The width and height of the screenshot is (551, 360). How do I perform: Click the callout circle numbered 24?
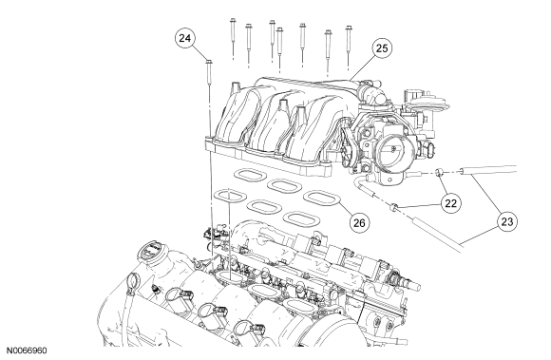(x=185, y=38)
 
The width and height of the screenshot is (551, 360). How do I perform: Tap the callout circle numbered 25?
(x=382, y=48)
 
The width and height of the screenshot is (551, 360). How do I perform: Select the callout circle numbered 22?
(x=451, y=203)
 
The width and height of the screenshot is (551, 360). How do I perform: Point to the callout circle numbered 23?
(x=507, y=221)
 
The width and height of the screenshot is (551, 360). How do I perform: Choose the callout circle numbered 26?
(x=359, y=222)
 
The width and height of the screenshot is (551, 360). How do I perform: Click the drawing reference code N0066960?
(x=27, y=351)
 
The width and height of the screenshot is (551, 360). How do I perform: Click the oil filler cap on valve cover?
(x=151, y=251)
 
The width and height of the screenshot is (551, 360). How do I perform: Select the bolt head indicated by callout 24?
(x=209, y=62)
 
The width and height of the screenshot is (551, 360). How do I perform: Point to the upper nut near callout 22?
(x=440, y=172)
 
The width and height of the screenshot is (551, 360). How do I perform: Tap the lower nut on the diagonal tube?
(x=394, y=206)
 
